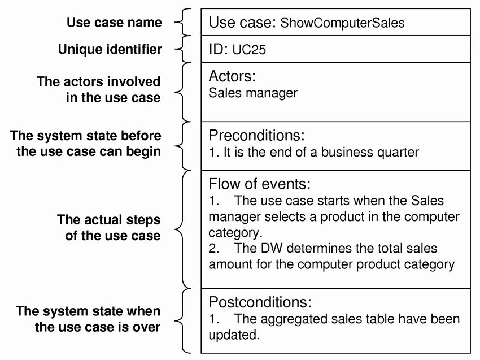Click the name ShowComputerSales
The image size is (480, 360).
point(342,23)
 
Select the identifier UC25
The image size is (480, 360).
point(249,50)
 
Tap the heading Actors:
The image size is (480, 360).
point(232,76)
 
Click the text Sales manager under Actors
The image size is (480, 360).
point(252,93)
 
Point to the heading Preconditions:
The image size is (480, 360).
point(256,136)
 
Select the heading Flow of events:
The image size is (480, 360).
point(260,184)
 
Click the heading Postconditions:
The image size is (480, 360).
point(260,302)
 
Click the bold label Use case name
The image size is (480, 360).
point(114,23)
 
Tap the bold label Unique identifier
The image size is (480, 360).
point(110,50)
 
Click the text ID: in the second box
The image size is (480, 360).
point(218,50)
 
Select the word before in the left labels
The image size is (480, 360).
point(141,136)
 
